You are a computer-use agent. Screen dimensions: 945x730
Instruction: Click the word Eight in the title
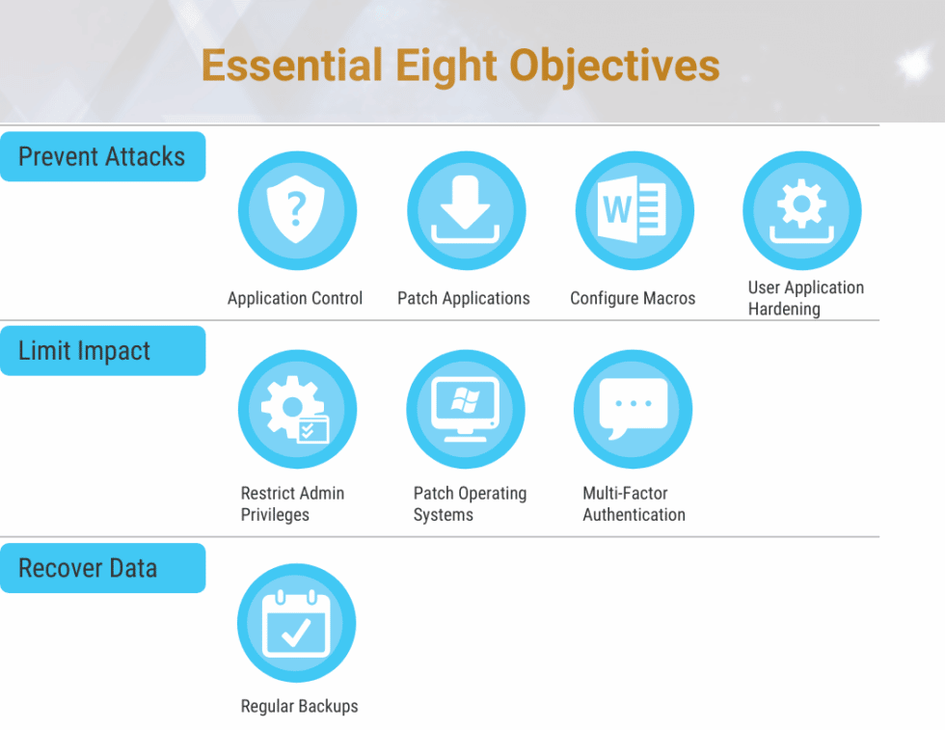445,67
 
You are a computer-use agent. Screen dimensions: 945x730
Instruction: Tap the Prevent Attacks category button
102,157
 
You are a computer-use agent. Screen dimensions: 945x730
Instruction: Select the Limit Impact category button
102,351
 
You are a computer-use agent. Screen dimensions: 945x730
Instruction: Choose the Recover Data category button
102,568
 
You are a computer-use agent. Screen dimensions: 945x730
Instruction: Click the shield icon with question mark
297,210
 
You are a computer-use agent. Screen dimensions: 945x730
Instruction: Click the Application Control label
295,298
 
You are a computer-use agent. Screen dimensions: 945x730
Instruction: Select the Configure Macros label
633,298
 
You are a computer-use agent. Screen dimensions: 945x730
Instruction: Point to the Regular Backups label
300,706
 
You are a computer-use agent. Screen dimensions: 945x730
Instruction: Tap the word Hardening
784,310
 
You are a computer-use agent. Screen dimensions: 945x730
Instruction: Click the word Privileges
275,515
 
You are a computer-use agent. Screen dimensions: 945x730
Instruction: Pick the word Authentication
634,515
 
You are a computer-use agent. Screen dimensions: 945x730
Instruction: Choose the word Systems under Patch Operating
443,515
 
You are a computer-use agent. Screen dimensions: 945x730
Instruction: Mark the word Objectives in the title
615,67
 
